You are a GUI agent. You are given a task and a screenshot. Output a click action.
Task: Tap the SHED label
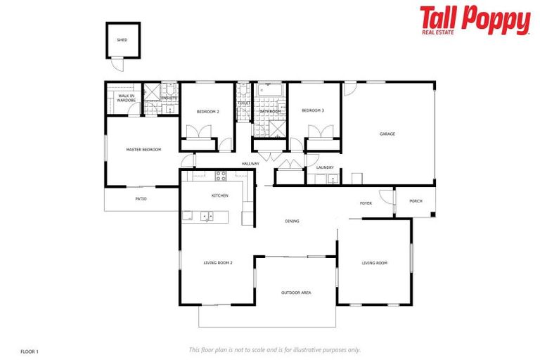pos(122,40)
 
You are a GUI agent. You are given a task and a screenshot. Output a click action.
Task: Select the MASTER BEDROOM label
pos(143,150)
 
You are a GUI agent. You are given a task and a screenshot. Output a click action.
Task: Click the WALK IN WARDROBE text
pos(127,98)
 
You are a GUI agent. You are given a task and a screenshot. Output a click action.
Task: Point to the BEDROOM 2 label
pos(207,112)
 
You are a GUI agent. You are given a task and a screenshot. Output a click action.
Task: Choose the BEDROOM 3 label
pos(313,110)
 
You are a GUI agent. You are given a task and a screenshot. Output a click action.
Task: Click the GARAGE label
pos(387,134)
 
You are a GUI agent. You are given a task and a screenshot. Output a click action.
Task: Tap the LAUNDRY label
pos(325,167)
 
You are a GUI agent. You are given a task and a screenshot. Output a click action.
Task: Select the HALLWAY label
pos(250,164)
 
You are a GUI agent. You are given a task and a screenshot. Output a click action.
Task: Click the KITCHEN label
pos(220,195)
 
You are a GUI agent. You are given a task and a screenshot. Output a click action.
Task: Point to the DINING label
pos(292,221)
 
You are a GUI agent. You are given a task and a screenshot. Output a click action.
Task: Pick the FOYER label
pos(366,203)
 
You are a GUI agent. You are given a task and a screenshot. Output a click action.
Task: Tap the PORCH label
pos(416,201)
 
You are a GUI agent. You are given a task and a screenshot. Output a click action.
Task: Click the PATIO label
pos(141,199)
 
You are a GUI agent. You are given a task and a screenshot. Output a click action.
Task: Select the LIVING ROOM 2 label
pos(218,263)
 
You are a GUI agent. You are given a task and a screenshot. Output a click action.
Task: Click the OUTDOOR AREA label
pos(296,292)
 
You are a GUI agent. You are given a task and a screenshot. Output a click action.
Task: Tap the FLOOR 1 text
pos(30,350)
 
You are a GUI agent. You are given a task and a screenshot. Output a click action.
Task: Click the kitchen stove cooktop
pos(221,175)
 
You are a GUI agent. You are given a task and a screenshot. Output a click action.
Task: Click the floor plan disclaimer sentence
pos(274,349)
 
